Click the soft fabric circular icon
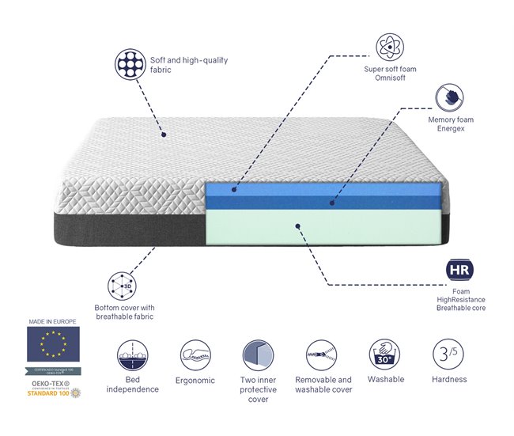pyautogui.click(x=130, y=64)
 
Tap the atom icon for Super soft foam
pyautogui.click(x=390, y=47)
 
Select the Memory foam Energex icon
pyautogui.click(x=451, y=98)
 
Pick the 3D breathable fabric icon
pyautogui.click(x=123, y=285)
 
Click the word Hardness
pyautogui.click(x=449, y=380)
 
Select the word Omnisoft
pyautogui.click(x=391, y=78)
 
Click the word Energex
pyautogui.click(x=451, y=129)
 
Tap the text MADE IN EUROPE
pyautogui.click(x=52, y=322)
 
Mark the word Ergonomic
pyautogui.click(x=195, y=381)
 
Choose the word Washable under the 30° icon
pyautogui.click(x=386, y=380)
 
